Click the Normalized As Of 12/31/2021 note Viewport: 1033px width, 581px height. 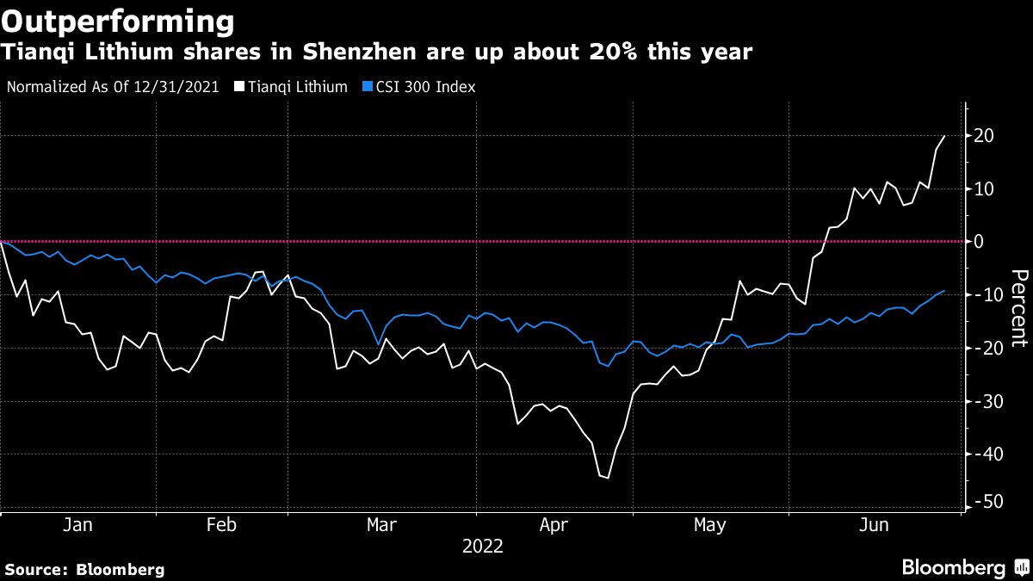(x=112, y=87)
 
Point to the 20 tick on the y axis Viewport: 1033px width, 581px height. (x=985, y=136)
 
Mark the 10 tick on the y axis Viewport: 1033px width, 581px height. (x=985, y=189)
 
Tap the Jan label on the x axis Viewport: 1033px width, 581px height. (x=77, y=525)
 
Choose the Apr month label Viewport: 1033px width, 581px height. (x=553, y=525)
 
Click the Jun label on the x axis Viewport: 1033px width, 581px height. (x=875, y=525)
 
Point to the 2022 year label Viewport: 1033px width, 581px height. (x=482, y=546)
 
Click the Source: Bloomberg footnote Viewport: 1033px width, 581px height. (x=84, y=569)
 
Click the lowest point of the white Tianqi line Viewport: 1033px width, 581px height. (x=607, y=478)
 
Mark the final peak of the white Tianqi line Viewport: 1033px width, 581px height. (x=945, y=135)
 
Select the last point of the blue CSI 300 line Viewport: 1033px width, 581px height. (x=945, y=291)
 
